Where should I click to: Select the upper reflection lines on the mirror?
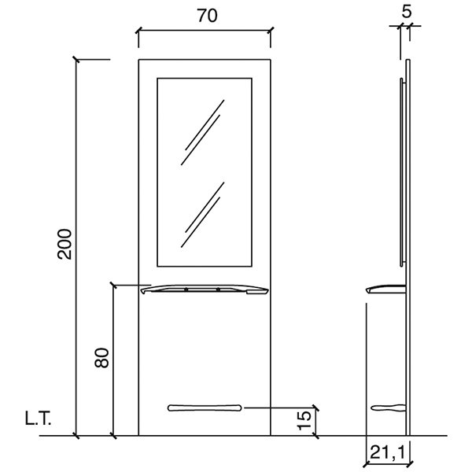pyautogui.click(x=202, y=132)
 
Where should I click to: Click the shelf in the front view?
pyautogui.click(x=205, y=290)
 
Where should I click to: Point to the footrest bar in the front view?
pyautogui.click(x=205, y=407)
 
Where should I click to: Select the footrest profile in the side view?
pyautogui.click(x=389, y=407)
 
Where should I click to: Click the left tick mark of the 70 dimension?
pyautogui.click(x=138, y=32)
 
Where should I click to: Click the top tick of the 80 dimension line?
pyautogui.click(x=114, y=286)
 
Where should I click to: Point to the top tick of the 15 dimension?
pyautogui.click(x=316, y=408)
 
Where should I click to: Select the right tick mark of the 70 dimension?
pyautogui.click(x=271, y=32)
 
